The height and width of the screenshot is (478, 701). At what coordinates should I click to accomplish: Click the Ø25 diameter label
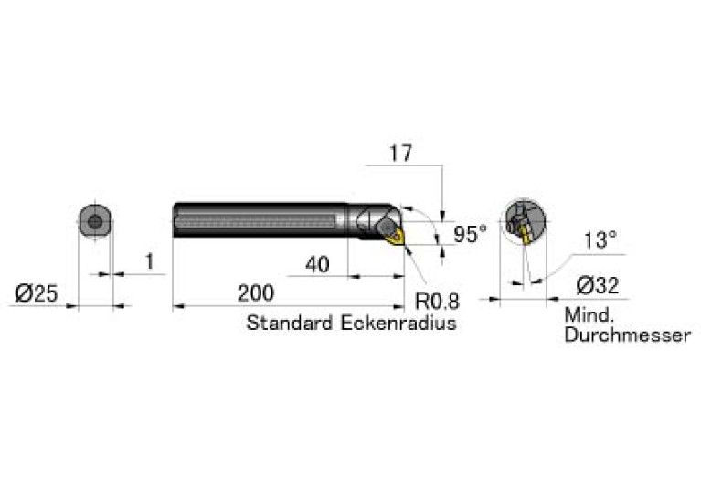[x=37, y=293]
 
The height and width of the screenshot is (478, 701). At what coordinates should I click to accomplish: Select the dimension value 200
[x=256, y=293]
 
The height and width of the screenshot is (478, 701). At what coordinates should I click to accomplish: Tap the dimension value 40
[x=317, y=265]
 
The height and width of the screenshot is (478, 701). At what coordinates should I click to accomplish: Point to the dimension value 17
[x=400, y=154]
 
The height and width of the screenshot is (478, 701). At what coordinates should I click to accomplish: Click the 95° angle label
[x=470, y=234]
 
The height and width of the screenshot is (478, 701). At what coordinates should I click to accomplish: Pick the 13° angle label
[x=600, y=240]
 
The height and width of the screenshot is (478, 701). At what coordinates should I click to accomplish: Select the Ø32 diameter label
[x=598, y=285]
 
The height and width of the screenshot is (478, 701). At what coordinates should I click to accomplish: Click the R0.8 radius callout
[x=437, y=301]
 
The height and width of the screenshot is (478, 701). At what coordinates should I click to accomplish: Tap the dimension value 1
[x=150, y=261]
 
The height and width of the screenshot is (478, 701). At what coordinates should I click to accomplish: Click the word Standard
[x=290, y=323]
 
